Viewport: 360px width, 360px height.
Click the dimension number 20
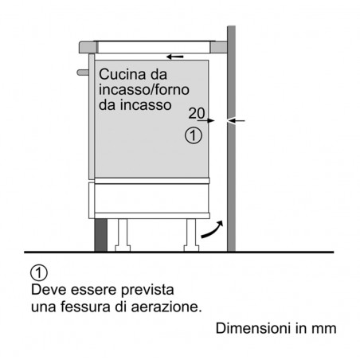click(x=197, y=113)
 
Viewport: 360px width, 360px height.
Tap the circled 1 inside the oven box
click(x=194, y=135)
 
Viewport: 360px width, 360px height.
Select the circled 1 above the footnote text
click(x=39, y=273)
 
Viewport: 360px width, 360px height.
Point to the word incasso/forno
click(x=144, y=89)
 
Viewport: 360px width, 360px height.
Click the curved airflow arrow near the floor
click(x=212, y=229)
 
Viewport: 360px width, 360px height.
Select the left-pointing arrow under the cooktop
click(x=175, y=57)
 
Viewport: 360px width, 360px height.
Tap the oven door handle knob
click(x=83, y=72)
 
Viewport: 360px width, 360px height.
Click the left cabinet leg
click(x=123, y=235)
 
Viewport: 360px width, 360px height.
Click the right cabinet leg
click(x=191, y=235)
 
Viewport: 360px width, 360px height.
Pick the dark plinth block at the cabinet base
click(x=101, y=235)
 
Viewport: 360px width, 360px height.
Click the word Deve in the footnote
click(x=49, y=290)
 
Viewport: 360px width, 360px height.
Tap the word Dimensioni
click(x=253, y=328)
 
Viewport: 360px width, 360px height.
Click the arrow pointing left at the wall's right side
click(x=237, y=121)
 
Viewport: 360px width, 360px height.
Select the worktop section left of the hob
click(x=88, y=47)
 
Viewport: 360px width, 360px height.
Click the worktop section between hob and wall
click(x=219, y=48)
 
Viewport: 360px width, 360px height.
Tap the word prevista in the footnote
click(x=147, y=290)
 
